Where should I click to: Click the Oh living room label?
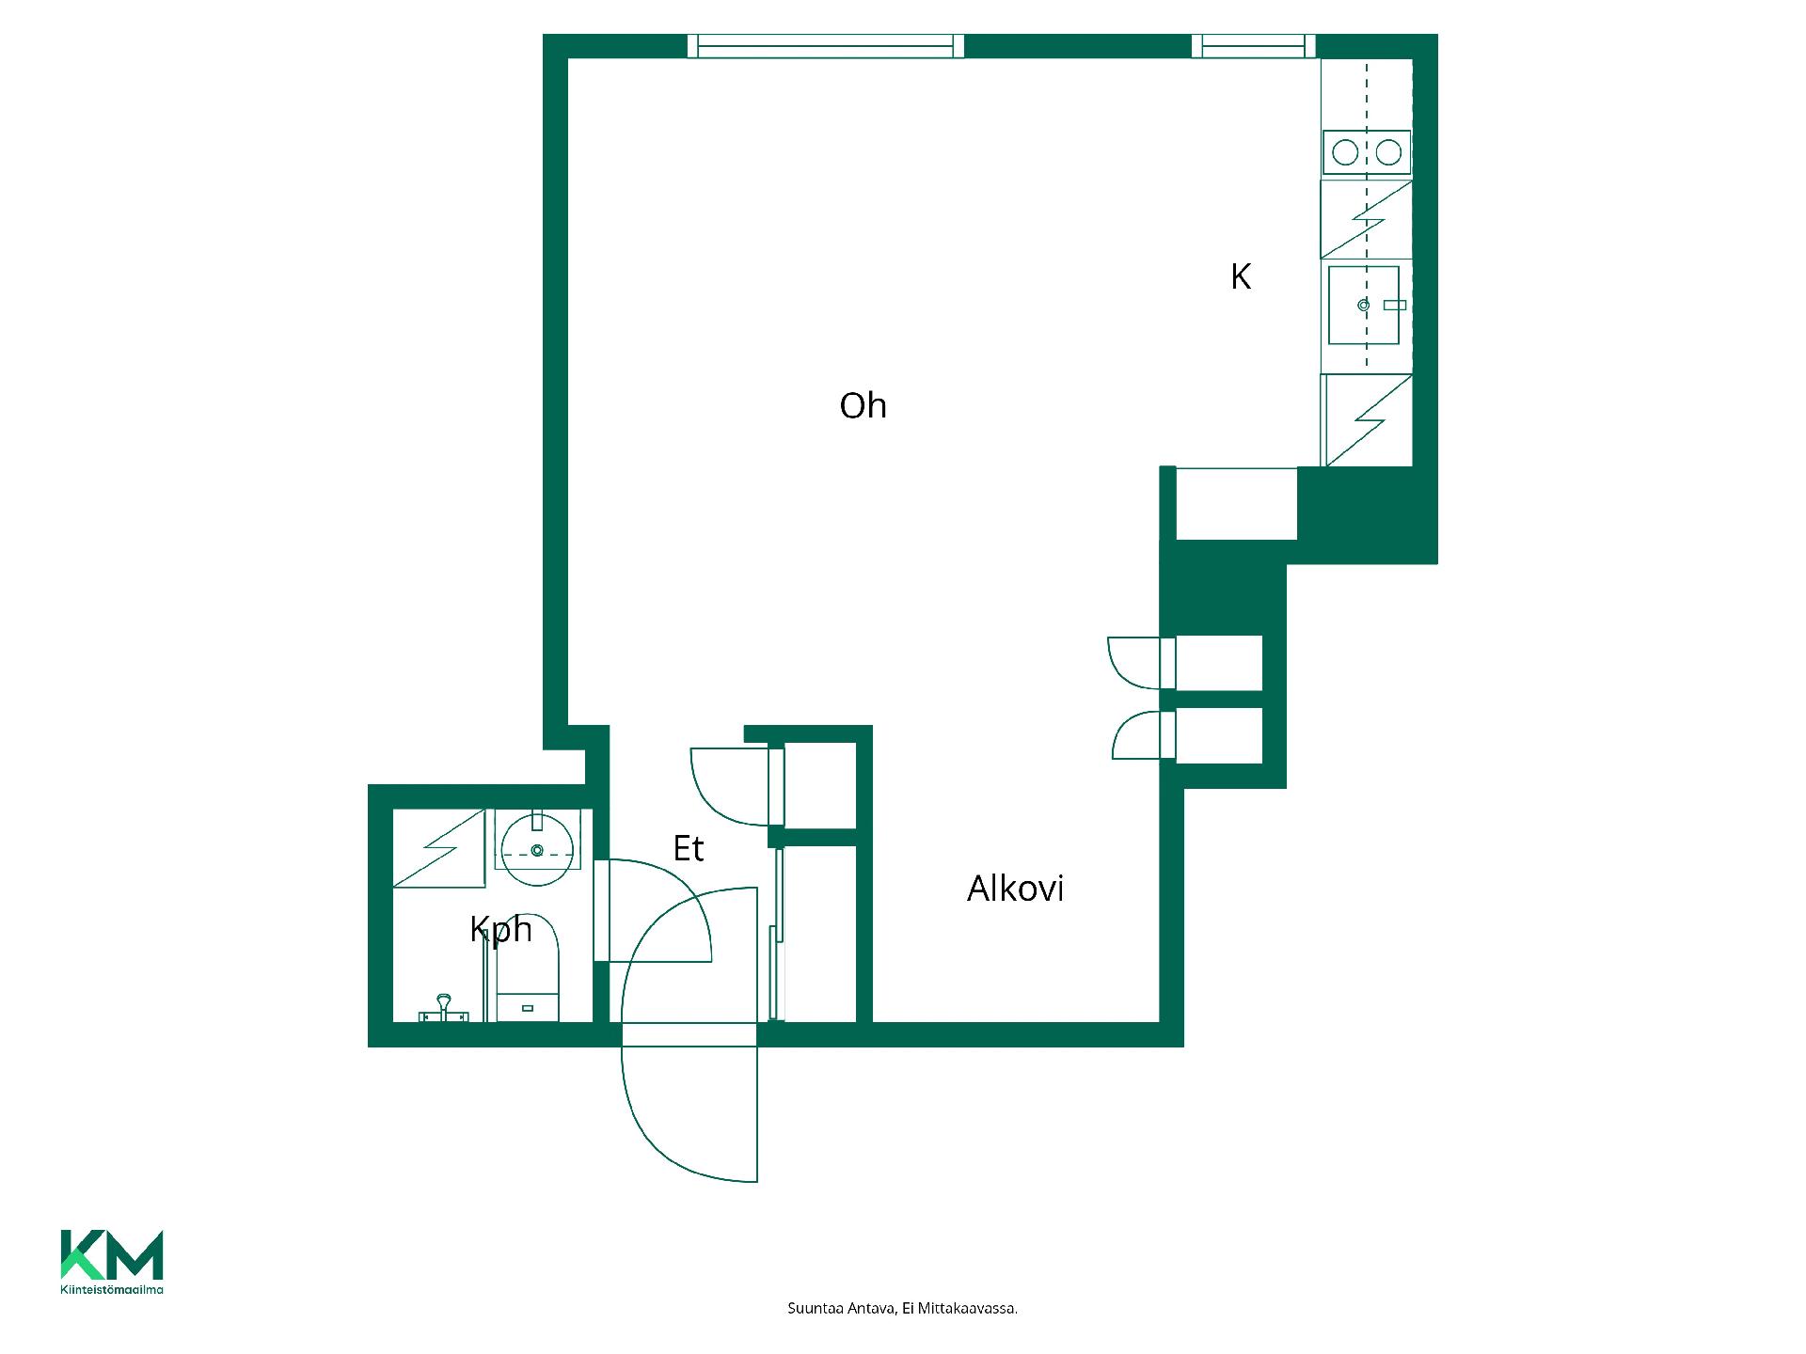pyautogui.click(x=863, y=406)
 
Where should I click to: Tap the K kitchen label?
pyautogui.click(x=1241, y=276)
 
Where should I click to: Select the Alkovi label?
pyautogui.click(x=1015, y=889)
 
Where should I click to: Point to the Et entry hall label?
pyautogui.click(x=689, y=849)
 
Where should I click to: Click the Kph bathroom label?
pyautogui.click(x=500, y=930)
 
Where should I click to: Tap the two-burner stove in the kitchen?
pyautogui.click(x=1367, y=152)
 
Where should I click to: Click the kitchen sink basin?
pyautogui.click(x=1364, y=305)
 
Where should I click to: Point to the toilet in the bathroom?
pyautogui.click(x=528, y=968)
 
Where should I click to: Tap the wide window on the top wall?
pyautogui.click(x=826, y=46)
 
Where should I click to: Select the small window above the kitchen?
pyautogui.click(x=1254, y=46)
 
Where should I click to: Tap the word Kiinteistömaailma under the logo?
pyautogui.click(x=112, y=1290)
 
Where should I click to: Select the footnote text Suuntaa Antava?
pyautogui.click(x=841, y=1309)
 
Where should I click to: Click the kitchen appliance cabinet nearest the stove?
pyautogui.click(x=1367, y=219)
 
